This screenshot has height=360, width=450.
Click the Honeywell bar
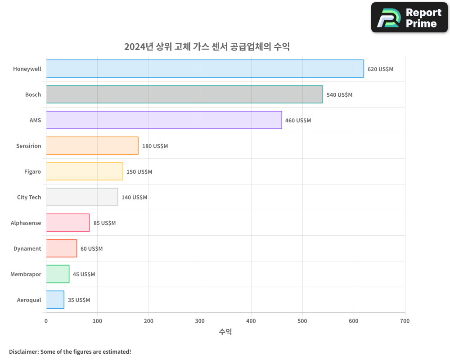[x=205, y=69]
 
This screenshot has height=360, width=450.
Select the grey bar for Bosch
[x=184, y=94]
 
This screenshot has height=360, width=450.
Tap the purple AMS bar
[x=164, y=120]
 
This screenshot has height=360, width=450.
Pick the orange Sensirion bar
[x=92, y=146]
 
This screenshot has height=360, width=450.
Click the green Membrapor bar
[x=58, y=274]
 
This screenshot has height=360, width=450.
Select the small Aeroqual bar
[x=55, y=300]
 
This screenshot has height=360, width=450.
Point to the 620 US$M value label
[x=380, y=69]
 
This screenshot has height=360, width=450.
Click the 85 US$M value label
[x=104, y=223]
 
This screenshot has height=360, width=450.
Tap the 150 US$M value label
[x=139, y=172]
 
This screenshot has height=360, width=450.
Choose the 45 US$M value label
[x=84, y=274]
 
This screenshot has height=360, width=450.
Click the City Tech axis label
[x=29, y=198]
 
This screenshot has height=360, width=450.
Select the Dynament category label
[x=27, y=249]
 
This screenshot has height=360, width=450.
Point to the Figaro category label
[x=32, y=172]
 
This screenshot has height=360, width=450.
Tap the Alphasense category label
[x=26, y=223]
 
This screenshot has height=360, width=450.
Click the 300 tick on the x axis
[x=200, y=321]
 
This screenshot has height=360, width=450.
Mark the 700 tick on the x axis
[x=405, y=321]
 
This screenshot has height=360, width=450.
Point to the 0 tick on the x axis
[x=46, y=321]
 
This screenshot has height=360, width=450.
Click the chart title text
[x=207, y=47]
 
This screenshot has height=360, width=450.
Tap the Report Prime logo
[x=409, y=18]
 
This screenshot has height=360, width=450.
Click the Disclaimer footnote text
[x=70, y=351]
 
